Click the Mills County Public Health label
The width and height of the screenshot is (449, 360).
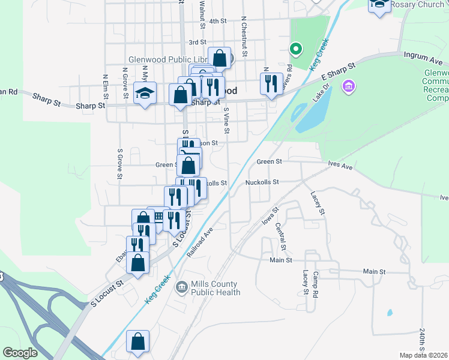[x=215, y=288]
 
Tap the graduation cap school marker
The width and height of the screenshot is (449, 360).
[x=145, y=93]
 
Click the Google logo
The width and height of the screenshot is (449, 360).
[x=20, y=353]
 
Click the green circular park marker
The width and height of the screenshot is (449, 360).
[x=295, y=48]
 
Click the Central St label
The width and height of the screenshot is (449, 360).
[x=281, y=237]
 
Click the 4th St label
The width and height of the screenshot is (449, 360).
[x=217, y=21]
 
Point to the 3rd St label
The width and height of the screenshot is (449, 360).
[x=197, y=43]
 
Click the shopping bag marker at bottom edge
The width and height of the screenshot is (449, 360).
[x=138, y=341]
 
